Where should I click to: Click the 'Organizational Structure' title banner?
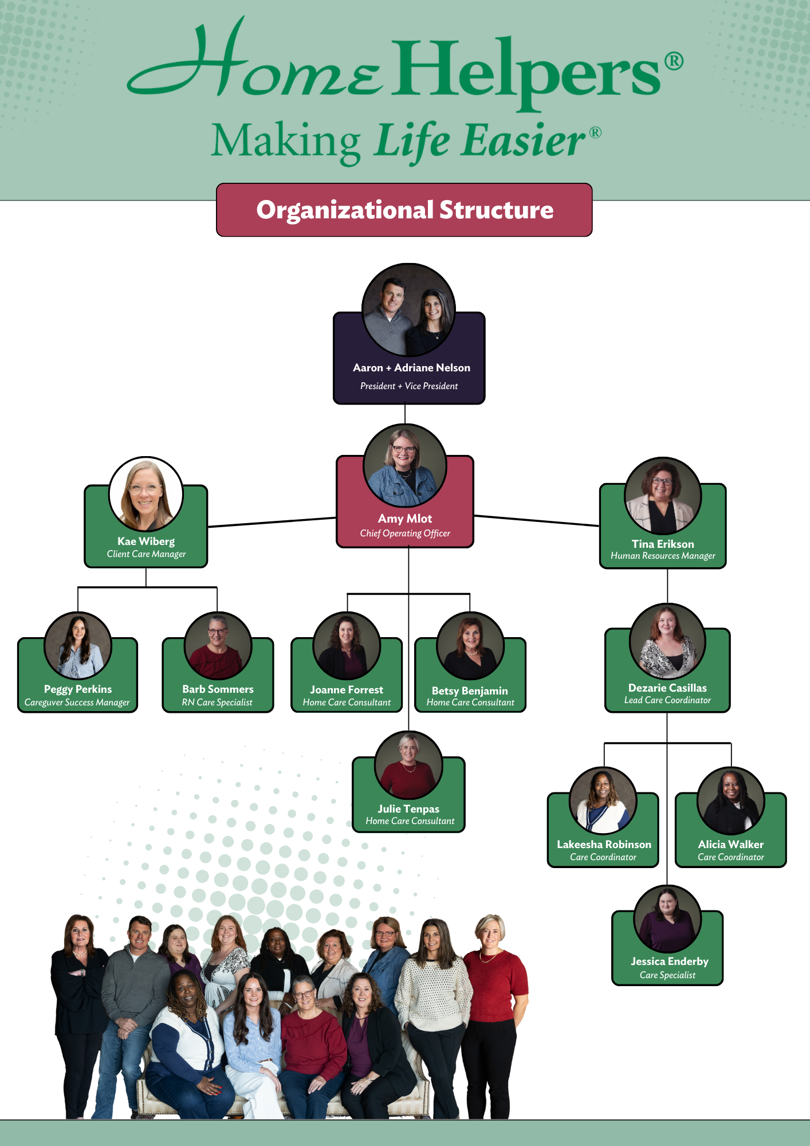[x=404, y=210]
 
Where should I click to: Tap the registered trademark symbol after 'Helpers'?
[x=674, y=61]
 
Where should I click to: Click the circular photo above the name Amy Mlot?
[x=405, y=465]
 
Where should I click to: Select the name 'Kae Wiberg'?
[x=146, y=541]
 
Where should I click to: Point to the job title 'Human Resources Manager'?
[x=663, y=556]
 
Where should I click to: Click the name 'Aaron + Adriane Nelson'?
[x=411, y=368]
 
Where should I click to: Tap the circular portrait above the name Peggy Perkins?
[x=78, y=646]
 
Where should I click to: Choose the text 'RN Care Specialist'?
[x=217, y=702]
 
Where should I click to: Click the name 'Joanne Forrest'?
[x=347, y=690]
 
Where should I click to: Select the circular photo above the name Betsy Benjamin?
[x=470, y=646]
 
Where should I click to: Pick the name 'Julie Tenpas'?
[x=408, y=809]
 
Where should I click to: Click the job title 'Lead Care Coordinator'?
[x=667, y=700]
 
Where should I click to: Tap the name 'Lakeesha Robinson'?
[x=604, y=844]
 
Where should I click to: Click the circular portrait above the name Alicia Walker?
[x=731, y=800]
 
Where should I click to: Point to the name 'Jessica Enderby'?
[x=670, y=961]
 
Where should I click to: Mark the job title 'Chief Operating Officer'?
[x=405, y=533]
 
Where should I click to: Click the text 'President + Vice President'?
[x=409, y=386]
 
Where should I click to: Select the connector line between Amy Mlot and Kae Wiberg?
[x=272, y=521]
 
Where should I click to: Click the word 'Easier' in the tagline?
[x=524, y=141]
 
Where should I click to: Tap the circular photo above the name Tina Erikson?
[x=663, y=496]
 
